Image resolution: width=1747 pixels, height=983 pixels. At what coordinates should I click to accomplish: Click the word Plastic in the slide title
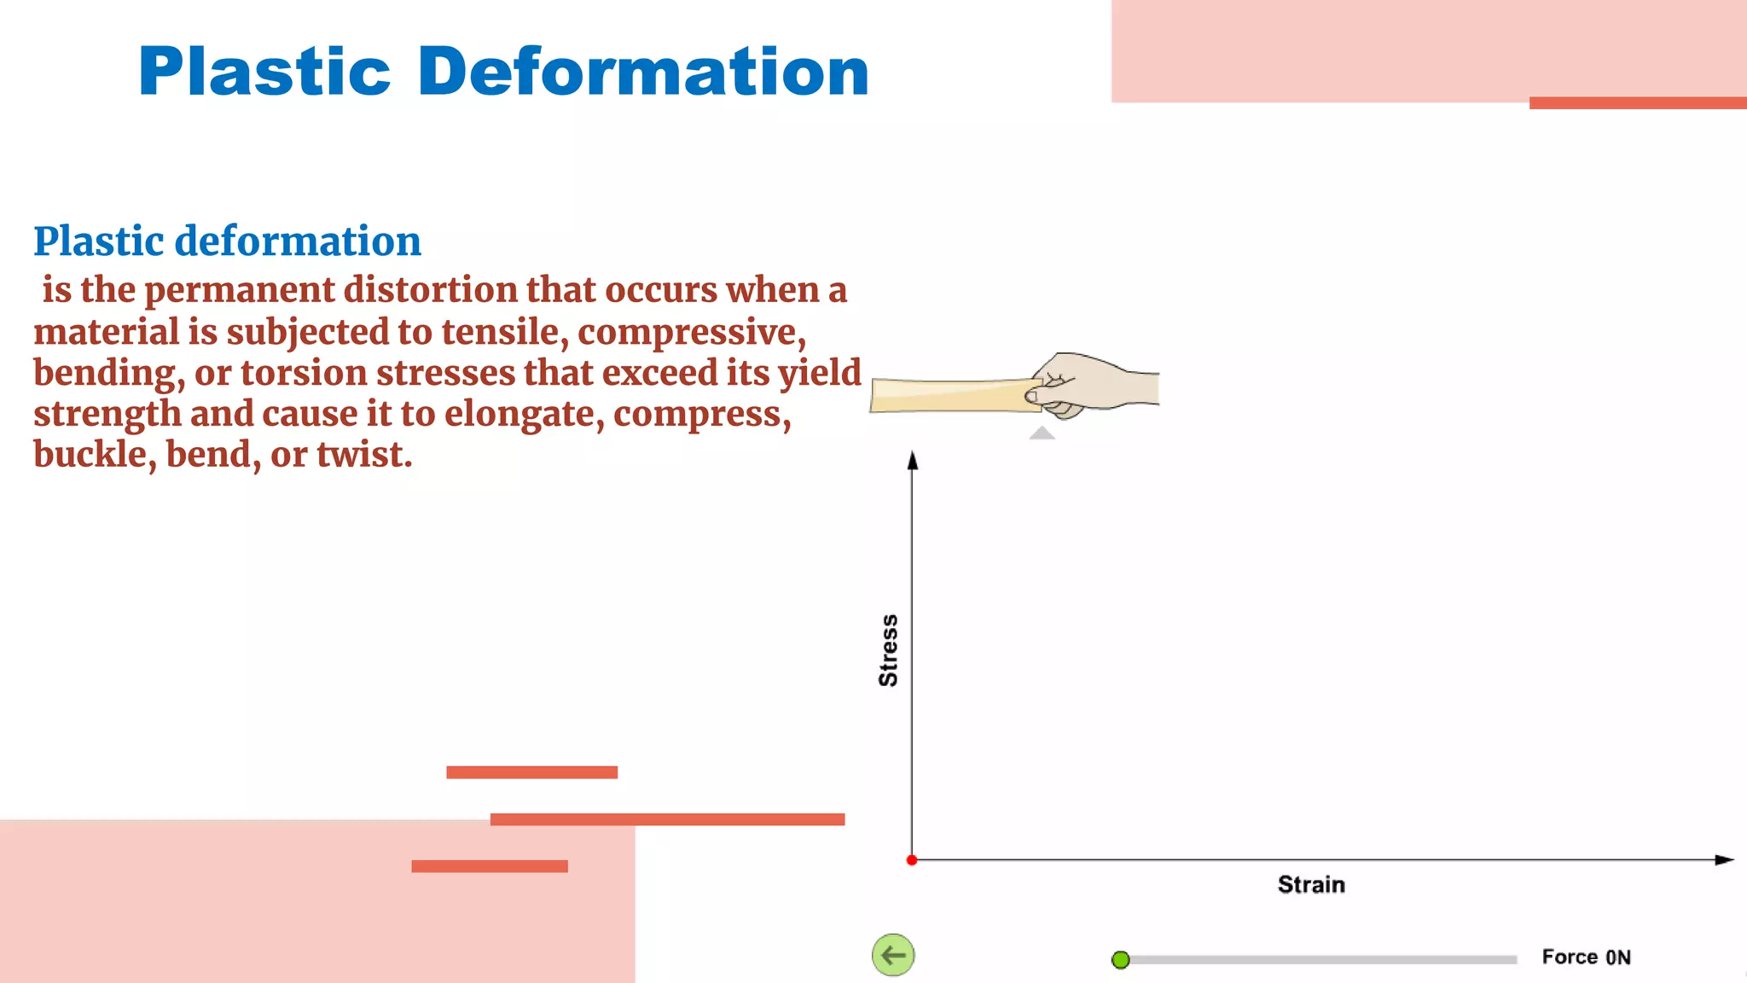(264, 72)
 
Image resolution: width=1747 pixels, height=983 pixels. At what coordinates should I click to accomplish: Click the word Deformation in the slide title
(643, 72)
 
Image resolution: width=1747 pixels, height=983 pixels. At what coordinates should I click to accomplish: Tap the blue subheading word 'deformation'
(298, 241)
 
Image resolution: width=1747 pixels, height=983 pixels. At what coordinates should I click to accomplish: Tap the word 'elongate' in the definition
(524, 414)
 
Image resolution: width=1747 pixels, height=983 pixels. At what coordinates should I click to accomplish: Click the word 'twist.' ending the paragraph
(364, 455)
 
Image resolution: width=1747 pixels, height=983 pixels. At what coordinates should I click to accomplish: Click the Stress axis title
(888, 650)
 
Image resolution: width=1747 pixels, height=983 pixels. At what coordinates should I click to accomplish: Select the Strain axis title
(1311, 885)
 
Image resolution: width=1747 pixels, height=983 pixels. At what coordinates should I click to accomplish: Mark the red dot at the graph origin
(912, 860)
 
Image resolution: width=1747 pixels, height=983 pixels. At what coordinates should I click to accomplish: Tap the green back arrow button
(893, 955)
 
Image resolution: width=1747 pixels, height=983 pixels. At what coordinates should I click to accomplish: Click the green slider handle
(1121, 960)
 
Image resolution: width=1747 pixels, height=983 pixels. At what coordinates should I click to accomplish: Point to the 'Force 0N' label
(1586, 957)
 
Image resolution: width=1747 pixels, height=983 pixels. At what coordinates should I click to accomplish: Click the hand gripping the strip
(1096, 385)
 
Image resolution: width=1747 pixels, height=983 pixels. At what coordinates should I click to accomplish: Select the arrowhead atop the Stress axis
(913, 461)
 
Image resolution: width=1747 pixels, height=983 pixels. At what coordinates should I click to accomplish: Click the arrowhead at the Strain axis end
(1724, 860)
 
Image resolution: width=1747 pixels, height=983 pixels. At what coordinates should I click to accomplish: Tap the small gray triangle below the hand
(1042, 433)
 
